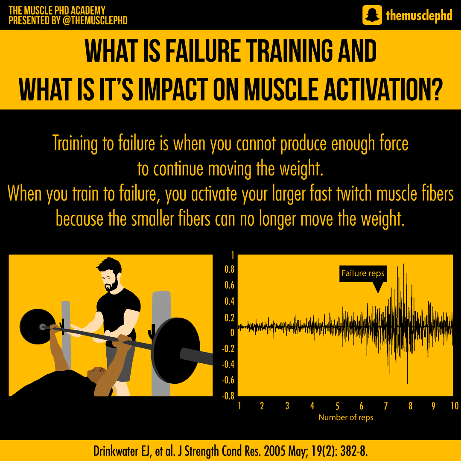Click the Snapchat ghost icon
click(x=372, y=15)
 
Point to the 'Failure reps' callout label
click(x=363, y=273)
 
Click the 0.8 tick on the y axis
click(x=229, y=270)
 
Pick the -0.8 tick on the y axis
click(x=228, y=396)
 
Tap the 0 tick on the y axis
click(x=232, y=333)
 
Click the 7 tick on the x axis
click(x=386, y=406)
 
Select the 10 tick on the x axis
click(x=454, y=406)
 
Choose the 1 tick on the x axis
click(x=240, y=406)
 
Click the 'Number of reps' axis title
click(x=346, y=417)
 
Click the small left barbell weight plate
click(x=37, y=327)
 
